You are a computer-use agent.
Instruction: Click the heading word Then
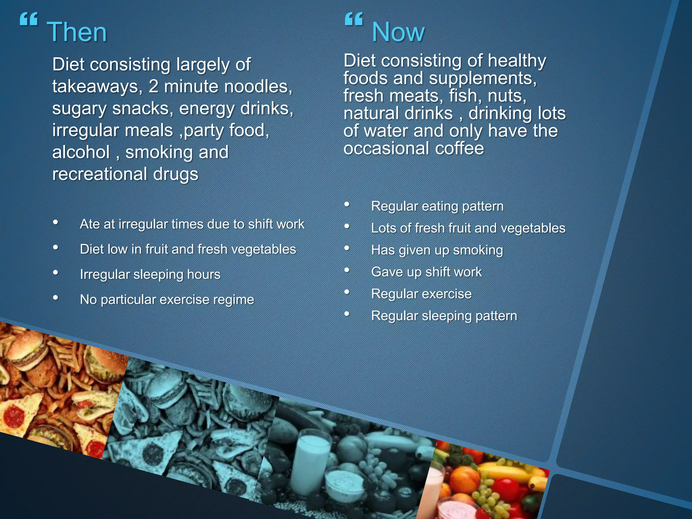pyautogui.click(x=77, y=32)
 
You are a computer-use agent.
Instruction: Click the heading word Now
pyautogui.click(x=398, y=32)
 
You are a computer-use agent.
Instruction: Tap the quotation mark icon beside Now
pyautogui.click(x=353, y=19)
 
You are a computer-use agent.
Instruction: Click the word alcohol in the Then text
pyautogui.click(x=81, y=152)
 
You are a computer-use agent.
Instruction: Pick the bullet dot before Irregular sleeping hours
pyautogui.click(x=56, y=272)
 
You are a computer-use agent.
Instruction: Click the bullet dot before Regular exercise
pyautogui.click(x=347, y=292)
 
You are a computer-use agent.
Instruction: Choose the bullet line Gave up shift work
pyautogui.click(x=426, y=272)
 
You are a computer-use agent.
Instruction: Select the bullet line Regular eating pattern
pyautogui.click(x=437, y=206)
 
